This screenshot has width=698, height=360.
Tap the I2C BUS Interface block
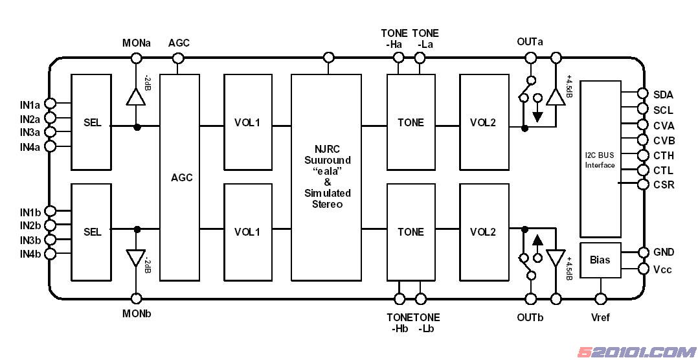tap(600, 159)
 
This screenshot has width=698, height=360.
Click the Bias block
tap(600, 260)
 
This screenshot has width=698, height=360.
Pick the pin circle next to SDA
tap(643, 94)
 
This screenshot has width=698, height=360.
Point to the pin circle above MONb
tap(137, 298)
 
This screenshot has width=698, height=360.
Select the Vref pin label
tap(600, 318)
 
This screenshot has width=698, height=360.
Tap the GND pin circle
tap(643, 252)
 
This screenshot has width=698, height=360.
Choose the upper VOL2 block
tap(482, 122)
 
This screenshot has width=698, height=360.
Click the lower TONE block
tap(411, 232)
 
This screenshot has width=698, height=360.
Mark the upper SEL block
tap(92, 122)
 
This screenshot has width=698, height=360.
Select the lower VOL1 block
tap(247, 232)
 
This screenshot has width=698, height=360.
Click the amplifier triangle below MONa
tap(136, 96)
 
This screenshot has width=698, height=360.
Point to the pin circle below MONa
tap(136, 58)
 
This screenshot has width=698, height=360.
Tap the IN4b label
tap(30, 254)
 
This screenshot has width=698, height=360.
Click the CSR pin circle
tap(643, 185)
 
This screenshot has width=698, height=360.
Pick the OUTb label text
tap(530, 318)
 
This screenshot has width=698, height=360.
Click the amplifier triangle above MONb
tap(136, 258)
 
